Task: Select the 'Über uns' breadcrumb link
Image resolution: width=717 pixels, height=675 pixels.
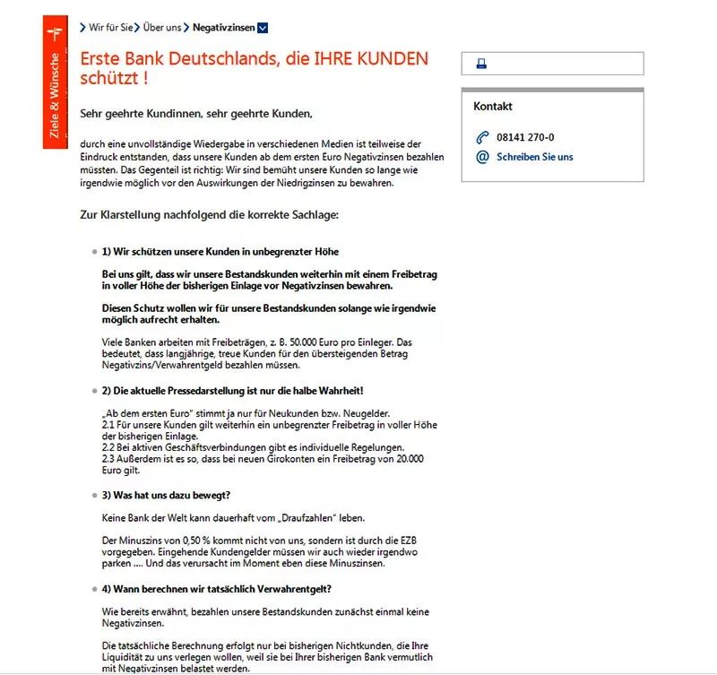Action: (x=161, y=27)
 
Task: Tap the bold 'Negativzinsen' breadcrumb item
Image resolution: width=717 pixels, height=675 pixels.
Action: (x=223, y=27)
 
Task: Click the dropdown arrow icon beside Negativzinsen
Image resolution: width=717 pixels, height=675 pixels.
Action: (x=263, y=27)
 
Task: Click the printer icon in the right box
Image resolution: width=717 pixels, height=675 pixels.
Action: (x=480, y=64)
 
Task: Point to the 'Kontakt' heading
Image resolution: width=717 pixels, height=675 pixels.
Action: (x=493, y=107)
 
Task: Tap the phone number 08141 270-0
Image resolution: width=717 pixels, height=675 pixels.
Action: (x=525, y=137)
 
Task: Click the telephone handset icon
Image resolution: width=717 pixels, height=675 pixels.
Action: (x=482, y=137)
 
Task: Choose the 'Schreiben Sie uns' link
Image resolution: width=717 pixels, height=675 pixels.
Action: (x=534, y=157)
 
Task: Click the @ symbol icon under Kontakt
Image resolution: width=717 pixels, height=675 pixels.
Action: (x=482, y=157)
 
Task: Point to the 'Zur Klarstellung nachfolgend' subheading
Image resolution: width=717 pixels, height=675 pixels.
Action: (x=209, y=215)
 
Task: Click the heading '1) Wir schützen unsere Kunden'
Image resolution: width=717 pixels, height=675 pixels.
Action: (x=220, y=252)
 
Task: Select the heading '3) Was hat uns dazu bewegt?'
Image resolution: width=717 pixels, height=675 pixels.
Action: (x=167, y=495)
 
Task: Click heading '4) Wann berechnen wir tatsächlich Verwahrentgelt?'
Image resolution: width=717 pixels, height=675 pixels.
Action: (x=216, y=588)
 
